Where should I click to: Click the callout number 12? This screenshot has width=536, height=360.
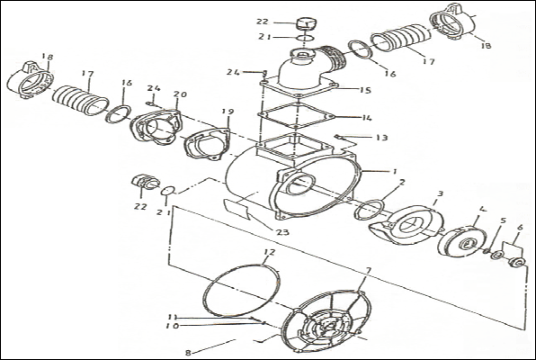pyautogui.click(x=270, y=253)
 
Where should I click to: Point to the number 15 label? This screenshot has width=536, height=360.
pyautogui.click(x=365, y=90)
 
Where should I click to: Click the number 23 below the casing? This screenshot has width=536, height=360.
pyautogui.click(x=283, y=232)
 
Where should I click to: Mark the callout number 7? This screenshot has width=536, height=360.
pyautogui.click(x=368, y=271)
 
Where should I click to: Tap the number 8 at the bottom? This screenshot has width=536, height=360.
pyautogui.click(x=188, y=353)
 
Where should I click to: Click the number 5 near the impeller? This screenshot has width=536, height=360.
pyautogui.click(x=503, y=220)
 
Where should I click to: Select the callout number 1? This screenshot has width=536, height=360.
pyautogui.click(x=395, y=171)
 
